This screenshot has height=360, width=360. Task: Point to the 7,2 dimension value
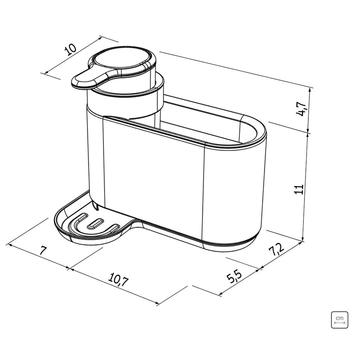pyautogui.click(x=277, y=250)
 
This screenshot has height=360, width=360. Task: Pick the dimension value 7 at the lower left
pyautogui.click(x=42, y=250)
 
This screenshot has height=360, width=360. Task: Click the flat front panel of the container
pyautogui.click(x=153, y=180)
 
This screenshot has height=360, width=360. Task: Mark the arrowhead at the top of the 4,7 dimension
pyautogui.click(x=311, y=89)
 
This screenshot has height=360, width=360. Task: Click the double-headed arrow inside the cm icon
pyautogui.click(x=339, y=323)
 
